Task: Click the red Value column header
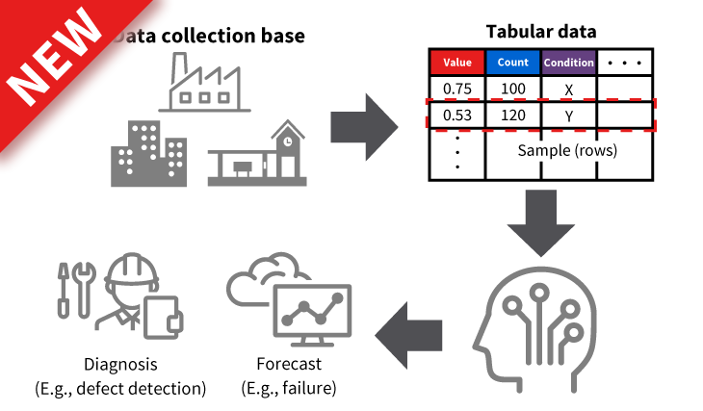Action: click(x=456, y=64)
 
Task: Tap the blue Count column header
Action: click(x=513, y=64)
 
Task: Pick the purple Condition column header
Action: click(x=569, y=64)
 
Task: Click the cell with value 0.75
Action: click(x=456, y=90)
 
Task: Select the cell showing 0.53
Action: click(x=456, y=116)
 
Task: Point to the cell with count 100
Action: click(x=513, y=90)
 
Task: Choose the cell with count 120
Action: click(x=513, y=116)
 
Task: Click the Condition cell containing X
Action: click(x=568, y=90)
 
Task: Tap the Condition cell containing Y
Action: click(x=568, y=116)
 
